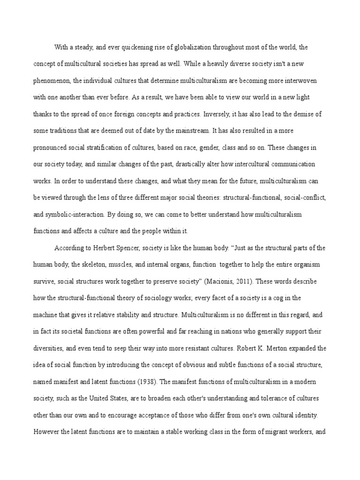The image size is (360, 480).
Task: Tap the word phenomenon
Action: point(52,81)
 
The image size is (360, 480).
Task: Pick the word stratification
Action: point(120,147)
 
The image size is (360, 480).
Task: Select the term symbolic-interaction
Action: point(77,214)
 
